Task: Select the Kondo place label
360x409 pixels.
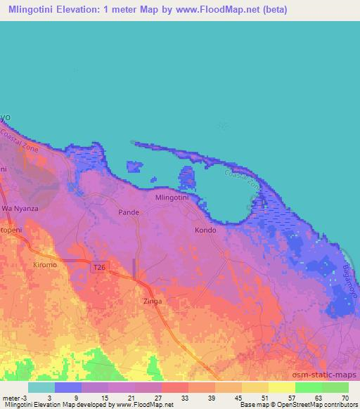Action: click(x=205, y=230)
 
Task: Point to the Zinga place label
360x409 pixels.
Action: click(x=152, y=301)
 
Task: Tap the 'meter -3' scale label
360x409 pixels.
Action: click(x=14, y=398)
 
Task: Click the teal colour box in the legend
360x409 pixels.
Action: click(x=41, y=387)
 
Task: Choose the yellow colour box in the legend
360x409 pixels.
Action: click(x=281, y=387)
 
